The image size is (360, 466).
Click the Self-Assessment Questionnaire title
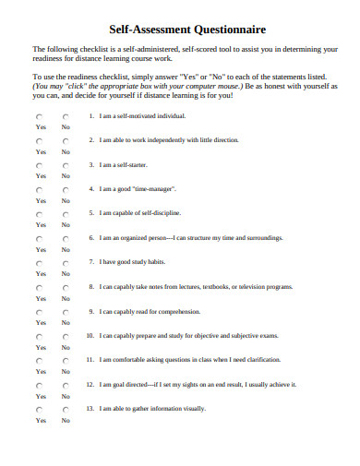click(179, 30)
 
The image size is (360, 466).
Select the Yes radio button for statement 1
click(40, 118)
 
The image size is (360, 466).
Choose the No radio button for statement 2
click(65, 142)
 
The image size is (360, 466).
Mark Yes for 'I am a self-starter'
click(40, 166)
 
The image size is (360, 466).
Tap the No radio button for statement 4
click(65, 190)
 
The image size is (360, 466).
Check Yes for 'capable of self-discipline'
click(40, 214)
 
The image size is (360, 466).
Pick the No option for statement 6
click(65, 239)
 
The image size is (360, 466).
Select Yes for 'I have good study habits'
click(40, 263)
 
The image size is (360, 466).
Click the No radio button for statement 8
click(65, 287)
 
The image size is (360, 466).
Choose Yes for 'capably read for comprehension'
click(40, 312)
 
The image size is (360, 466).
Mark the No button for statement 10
click(65, 336)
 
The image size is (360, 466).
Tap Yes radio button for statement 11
click(40, 360)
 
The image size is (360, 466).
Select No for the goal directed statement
click(65, 385)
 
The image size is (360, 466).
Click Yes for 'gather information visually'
click(40, 409)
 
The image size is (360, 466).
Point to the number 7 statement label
click(90, 261)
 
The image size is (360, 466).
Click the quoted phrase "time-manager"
click(154, 188)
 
